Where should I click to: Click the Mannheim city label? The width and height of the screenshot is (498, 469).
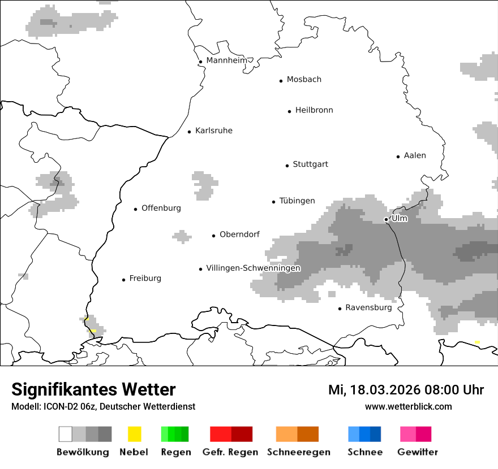tap(226, 60)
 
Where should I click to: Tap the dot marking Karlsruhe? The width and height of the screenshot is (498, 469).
tap(190, 132)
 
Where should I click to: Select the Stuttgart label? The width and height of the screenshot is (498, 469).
tap(310, 164)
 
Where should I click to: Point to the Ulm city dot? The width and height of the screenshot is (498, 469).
tap(386, 219)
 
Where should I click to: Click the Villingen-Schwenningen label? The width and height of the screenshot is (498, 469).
tap(253, 268)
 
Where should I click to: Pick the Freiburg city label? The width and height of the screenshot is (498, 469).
tap(145, 279)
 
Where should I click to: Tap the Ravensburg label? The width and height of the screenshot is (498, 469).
tap(368, 308)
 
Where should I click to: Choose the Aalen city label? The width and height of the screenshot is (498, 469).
tap(415, 155)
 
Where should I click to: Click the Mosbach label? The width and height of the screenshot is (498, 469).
tap(304, 80)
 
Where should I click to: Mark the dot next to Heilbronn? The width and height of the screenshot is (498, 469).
tap(289, 111)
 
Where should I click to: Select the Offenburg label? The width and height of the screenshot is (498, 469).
tap(161, 208)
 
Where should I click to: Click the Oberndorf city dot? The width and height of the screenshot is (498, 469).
tap(214, 236)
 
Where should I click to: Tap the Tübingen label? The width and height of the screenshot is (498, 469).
tap(297, 201)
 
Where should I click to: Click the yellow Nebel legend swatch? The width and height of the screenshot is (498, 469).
tap(134, 434)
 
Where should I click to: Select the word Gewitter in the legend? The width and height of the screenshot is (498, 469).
tap(417, 452)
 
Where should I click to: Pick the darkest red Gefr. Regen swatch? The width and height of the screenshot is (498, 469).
tap(242, 434)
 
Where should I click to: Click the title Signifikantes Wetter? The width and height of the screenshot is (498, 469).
tap(93, 389)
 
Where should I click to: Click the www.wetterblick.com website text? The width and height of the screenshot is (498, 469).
tap(408, 406)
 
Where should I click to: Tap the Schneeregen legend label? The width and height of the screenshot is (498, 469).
tap(298, 452)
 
